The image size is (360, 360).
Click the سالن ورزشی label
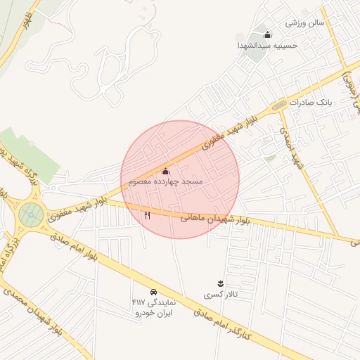[x=304, y=22]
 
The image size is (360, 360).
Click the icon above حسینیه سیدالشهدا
[x=266, y=35]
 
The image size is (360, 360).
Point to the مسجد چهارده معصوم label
[x=165, y=181]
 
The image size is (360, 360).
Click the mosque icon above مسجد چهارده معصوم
[x=166, y=171]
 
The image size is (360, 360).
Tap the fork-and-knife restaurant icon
[x=147, y=216]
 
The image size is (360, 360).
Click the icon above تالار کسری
[x=219, y=283]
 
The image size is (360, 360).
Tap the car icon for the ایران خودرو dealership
[x=153, y=291]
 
